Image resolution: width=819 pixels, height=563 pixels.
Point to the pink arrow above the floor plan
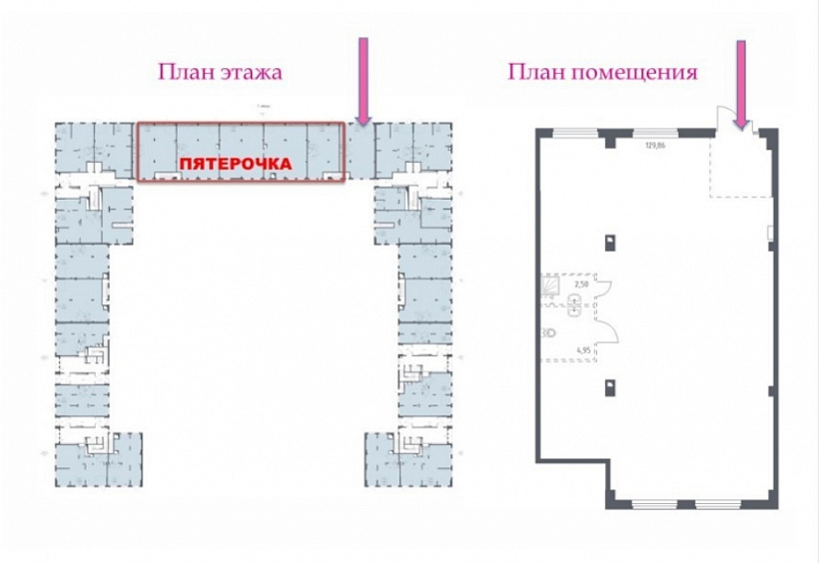(x=364, y=80)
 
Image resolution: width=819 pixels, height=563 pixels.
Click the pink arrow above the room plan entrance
(x=741, y=84)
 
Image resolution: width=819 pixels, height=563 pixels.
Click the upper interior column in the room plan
(x=609, y=240)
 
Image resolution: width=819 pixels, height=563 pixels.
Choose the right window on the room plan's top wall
(x=656, y=132)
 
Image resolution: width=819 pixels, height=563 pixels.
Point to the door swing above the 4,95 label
(x=606, y=329)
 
